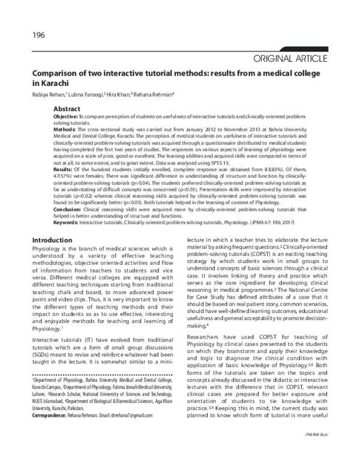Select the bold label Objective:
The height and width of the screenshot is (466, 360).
click(x=66, y=116)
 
